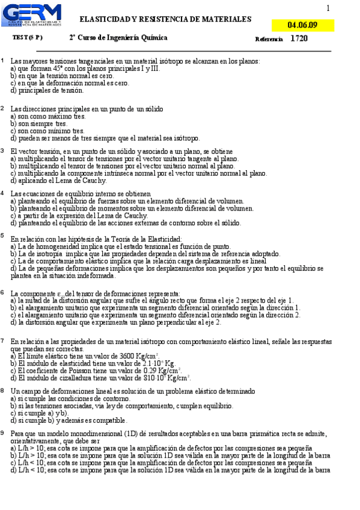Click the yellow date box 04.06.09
[x=302, y=25]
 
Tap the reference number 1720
[x=299, y=38]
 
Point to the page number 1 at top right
[x=328, y=8]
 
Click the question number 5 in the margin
[x=3, y=236]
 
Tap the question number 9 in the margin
[x=3, y=433]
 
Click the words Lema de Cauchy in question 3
[x=84, y=180]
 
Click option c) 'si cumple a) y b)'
[x=40, y=413]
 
